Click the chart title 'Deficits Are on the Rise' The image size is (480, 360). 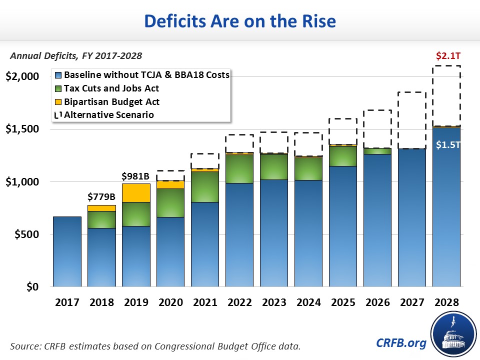coord(240,21)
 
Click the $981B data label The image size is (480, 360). coord(136,176)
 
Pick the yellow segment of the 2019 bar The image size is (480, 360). coord(136,192)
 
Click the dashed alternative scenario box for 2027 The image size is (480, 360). coord(412,120)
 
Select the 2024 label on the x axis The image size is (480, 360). coord(308,303)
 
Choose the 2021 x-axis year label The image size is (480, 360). coord(205,303)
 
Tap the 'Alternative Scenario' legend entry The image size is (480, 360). coord(108,115)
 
